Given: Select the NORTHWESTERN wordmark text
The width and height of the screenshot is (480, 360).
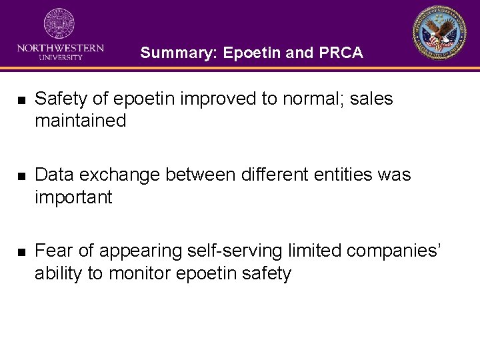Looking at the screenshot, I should (60, 48).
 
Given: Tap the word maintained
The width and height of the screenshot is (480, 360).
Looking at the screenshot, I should (80, 121).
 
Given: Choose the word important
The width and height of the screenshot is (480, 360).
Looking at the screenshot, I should (73, 197).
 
